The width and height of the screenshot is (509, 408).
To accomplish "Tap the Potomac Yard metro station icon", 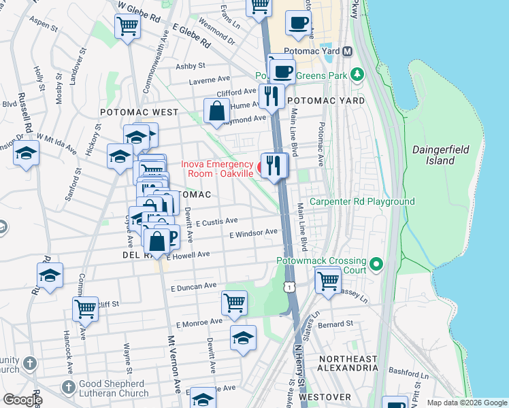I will (347, 52).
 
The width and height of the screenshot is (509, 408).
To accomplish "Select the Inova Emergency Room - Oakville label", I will (217, 169).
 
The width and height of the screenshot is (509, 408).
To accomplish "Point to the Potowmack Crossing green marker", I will (375, 262).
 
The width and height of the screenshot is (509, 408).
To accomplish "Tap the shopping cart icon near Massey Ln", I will (329, 279).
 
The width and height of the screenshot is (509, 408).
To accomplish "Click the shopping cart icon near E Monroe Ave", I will (234, 302).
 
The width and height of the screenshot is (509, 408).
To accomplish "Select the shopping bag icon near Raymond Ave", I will (216, 111).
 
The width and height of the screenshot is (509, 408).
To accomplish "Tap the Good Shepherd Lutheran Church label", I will (114, 388).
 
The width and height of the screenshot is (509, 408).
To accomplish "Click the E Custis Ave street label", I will (216, 222).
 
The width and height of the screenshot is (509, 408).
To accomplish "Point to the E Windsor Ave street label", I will (254, 233).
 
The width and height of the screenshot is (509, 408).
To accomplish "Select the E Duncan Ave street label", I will (195, 286).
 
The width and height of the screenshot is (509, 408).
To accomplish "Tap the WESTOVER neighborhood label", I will (324, 397).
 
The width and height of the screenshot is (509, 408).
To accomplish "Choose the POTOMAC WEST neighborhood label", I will (139, 112).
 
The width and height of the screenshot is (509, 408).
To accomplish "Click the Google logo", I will (22, 400).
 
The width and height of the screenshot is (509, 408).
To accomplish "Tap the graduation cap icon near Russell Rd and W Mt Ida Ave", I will (26, 154).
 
